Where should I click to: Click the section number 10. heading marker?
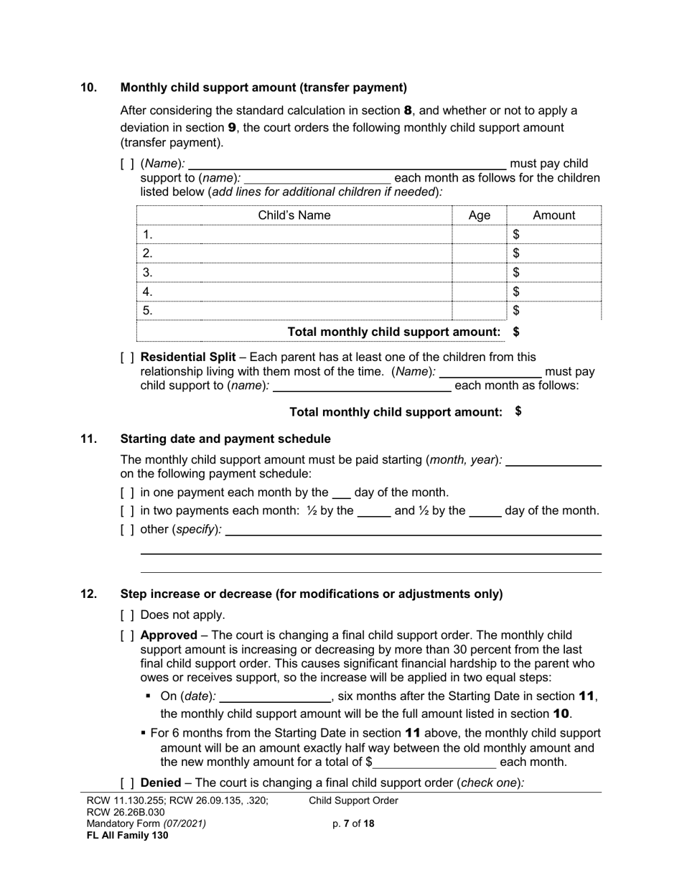click(88, 88)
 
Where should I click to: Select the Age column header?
click(479, 215)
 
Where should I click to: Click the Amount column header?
click(553, 215)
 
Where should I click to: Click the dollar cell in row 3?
click(553, 273)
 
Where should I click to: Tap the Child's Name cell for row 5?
click(294, 311)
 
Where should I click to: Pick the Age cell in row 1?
click(479, 235)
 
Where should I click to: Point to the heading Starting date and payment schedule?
click(225, 439)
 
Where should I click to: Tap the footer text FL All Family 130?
click(127, 835)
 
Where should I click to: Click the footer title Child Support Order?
click(353, 801)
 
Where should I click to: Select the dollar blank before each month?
click(434, 762)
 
